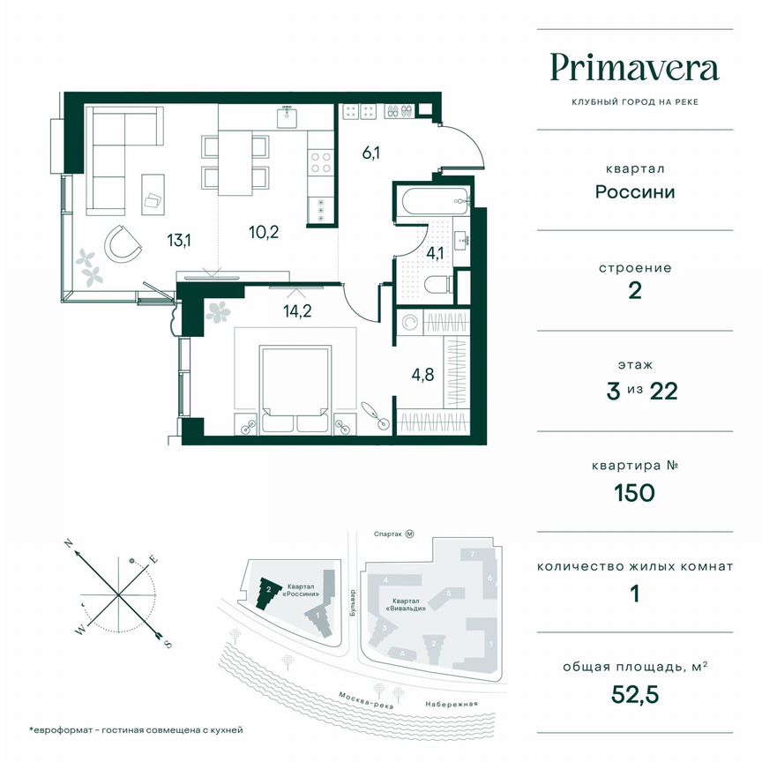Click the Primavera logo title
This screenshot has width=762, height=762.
pyautogui.click(x=634, y=68)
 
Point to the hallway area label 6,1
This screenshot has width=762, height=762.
pyautogui.click(x=370, y=153)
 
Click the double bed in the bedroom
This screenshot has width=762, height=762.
pyautogui.click(x=295, y=386)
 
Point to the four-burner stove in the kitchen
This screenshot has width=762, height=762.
pyautogui.click(x=320, y=162)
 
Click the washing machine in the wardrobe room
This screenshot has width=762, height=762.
pyautogui.click(x=408, y=323)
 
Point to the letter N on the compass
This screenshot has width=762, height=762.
pyautogui.click(x=70, y=545)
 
